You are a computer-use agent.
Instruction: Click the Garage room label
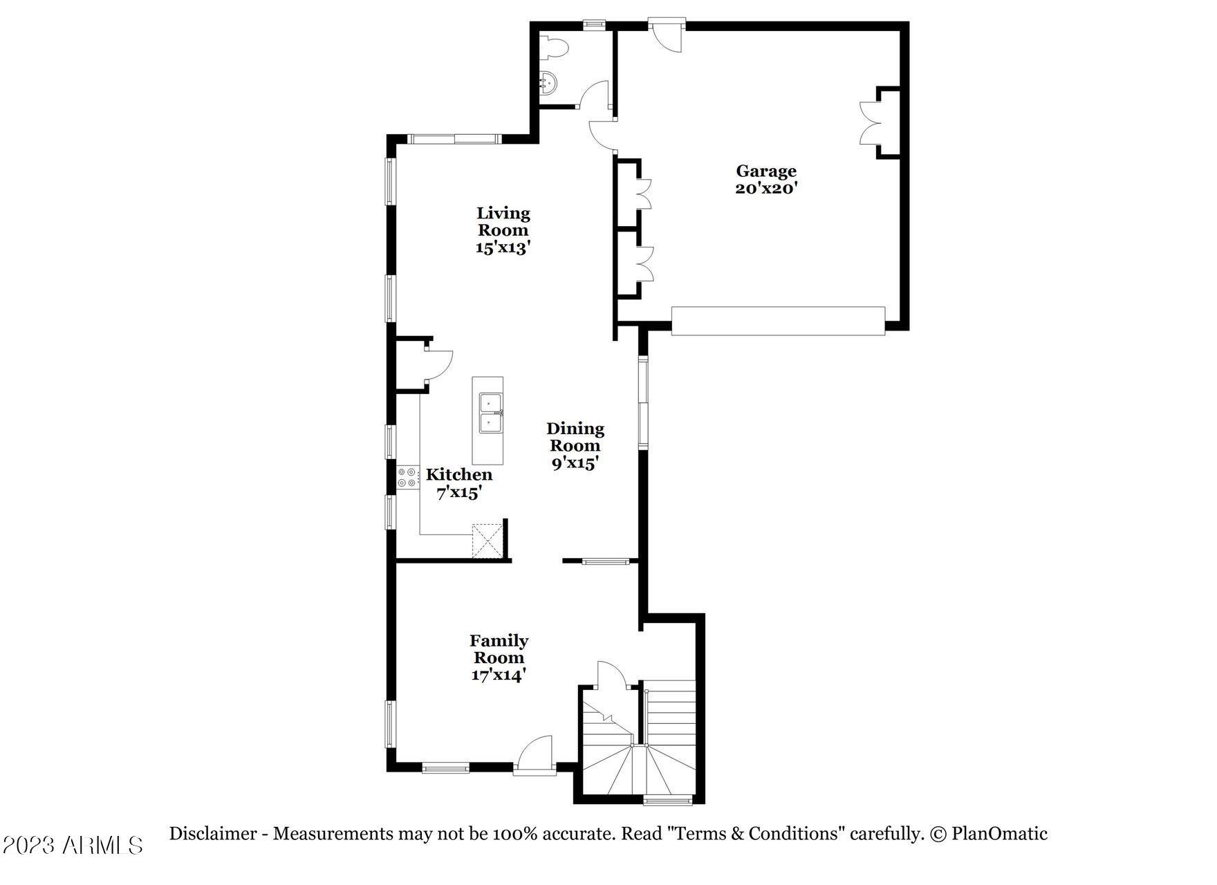click(x=765, y=171)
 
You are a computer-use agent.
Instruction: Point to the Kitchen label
click(x=459, y=474)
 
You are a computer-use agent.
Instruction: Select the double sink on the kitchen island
click(x=490, y=412)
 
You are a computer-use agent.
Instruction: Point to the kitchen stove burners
click(x=407, y=478)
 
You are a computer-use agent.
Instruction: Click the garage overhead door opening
click(x=778, y=321)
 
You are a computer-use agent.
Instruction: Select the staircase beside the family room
click(x=640, y=743)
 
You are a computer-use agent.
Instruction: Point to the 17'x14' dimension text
click(x=498, y=675)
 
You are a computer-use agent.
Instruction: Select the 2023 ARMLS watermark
click(x=73, y=844)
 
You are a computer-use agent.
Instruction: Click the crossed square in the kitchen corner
click(x=487, y=541)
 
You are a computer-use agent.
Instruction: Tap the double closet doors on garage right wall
click(x=871, y=123)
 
